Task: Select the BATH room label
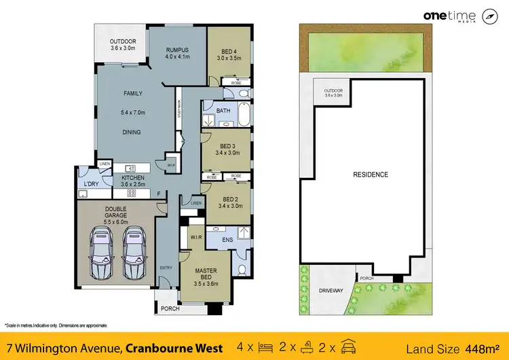(223, 111)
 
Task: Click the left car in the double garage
(100, 252)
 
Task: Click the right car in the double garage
(132, 252)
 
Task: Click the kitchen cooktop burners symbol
(132, 193)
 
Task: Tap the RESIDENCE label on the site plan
(370, 175)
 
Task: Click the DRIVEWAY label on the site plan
(331, 291)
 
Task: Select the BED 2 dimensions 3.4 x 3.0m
(227, 206)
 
